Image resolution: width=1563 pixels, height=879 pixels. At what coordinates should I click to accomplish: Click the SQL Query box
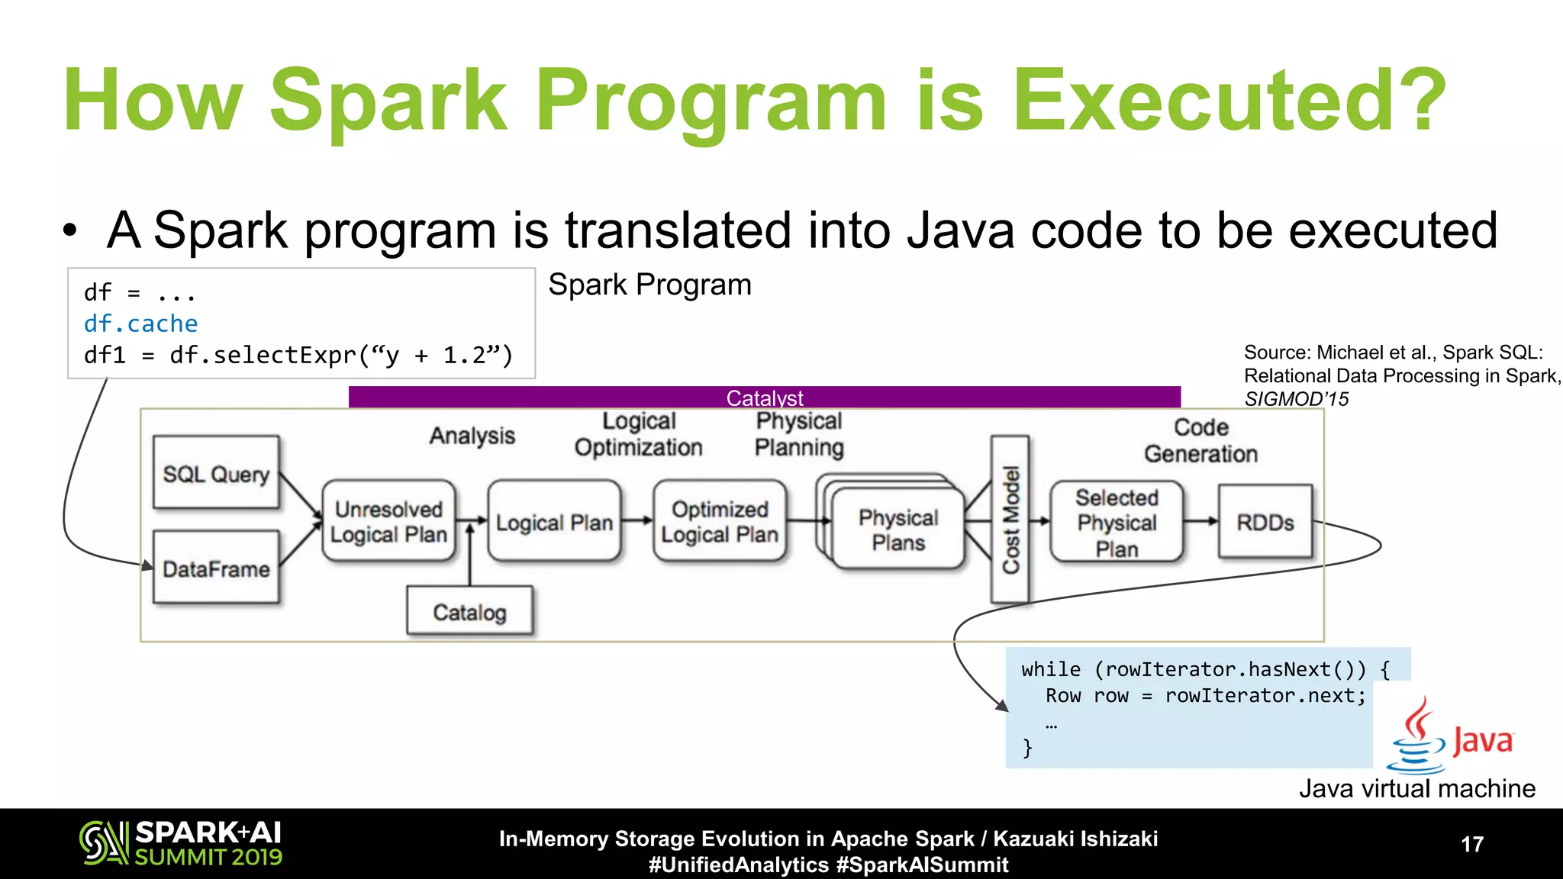tap(216, 473)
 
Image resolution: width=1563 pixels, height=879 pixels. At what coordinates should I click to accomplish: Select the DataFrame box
tap(216, 568)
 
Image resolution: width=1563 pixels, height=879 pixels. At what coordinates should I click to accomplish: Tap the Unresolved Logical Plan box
tap(388, 522)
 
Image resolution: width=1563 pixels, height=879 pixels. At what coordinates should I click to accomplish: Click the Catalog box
tap(469, 611)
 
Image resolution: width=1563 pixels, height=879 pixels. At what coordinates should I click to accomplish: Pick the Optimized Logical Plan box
tap(720, 522)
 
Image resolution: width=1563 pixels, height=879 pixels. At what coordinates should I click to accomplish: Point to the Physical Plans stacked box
tap(898, 530)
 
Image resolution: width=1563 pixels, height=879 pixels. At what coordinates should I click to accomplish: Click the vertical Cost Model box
tap(1010, 519)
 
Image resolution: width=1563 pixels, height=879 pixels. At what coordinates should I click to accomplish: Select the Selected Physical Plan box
tap(1117, 523)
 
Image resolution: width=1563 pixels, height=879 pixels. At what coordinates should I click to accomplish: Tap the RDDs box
tap(1265, 522)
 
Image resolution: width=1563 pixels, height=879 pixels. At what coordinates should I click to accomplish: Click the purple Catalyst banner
tap(764, 397)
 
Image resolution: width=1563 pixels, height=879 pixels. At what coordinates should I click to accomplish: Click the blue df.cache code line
tap(140, 324)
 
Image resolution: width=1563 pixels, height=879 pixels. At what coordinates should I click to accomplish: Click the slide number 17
tap(1472, 844)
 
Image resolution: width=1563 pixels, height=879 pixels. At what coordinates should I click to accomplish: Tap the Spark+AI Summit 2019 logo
tap(181, 843)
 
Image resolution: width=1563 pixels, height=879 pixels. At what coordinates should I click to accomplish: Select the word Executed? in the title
tap(1229, 101)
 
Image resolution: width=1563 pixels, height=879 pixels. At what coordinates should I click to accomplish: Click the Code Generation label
tap(1200, 440)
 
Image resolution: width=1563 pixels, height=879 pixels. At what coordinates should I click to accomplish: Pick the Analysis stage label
tap(472, 436)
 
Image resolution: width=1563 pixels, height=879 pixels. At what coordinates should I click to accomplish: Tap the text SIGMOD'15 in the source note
tap(1296, 399)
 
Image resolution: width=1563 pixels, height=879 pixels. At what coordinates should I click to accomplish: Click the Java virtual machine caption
tap(1417, 788)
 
